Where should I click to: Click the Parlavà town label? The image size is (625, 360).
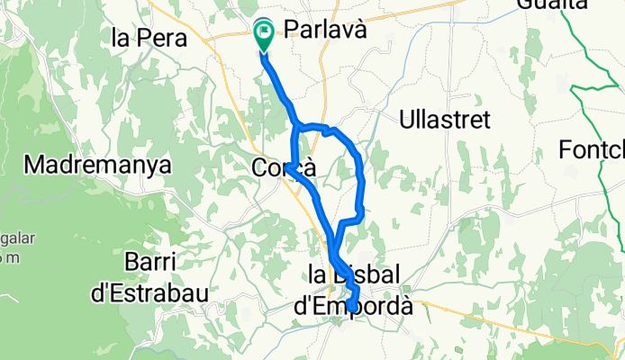pos(326,30)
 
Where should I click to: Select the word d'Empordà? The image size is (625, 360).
pos(355,306)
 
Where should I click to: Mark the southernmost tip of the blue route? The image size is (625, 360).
pos(351,311)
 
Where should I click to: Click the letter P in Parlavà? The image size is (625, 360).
pos(291,30)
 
